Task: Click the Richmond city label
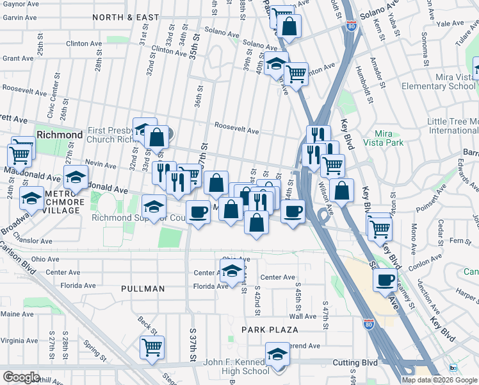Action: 60,135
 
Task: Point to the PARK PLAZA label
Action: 271,330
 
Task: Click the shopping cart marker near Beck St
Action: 152,348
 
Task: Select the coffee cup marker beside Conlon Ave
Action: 386,280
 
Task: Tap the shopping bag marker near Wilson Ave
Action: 343,190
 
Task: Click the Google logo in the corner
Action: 21,377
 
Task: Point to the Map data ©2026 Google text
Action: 440,380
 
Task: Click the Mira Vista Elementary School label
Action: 438,81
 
